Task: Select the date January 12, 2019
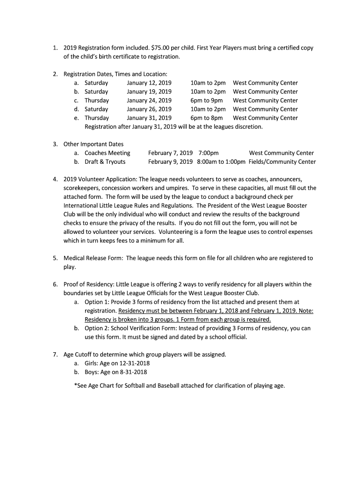pyautogui.click(x=149, y=83)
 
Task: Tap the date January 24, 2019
pyautogui.click(x=149, y=101)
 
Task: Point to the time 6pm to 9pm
pyautogui.click(x=206, y=101)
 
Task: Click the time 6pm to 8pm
pyautogui.click(x=206, y=118)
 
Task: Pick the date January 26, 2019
pyautogui.click(x=149, y=109)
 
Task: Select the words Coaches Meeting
pyautogui.click(x=108, y=153)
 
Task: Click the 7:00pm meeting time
pyautogui.click(x=209, y=153)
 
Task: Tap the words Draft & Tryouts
pyautogui.click(x=105, y=162)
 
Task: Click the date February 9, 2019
pyautogui.click(x=170, y=162)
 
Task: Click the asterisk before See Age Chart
pyautogui.click(x=76, y=386)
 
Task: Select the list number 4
pyautogui.click(x=55, y=179)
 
